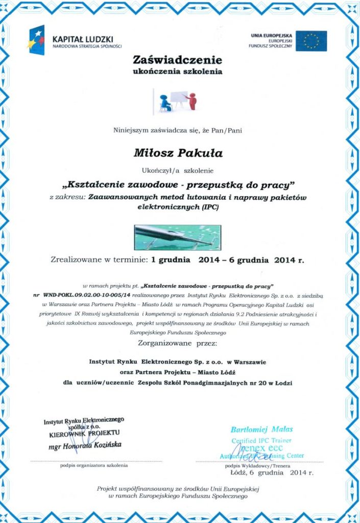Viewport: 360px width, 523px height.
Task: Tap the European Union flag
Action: click(x=311, y=41)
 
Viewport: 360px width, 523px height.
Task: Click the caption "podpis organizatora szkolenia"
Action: click(x=94, y=465)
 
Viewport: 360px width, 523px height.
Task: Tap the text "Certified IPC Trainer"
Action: click(x=261, y=440)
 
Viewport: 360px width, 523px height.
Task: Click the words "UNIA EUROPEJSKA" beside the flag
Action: click(x=271, y=35)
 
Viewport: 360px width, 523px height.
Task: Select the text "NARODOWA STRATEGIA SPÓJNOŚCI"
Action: click(x=87, y=46)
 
